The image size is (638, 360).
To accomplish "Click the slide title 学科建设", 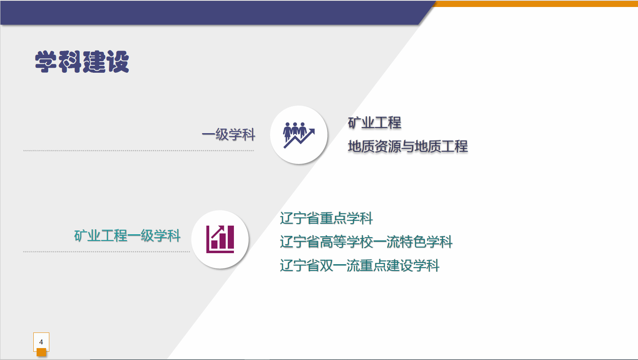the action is pos(82,62).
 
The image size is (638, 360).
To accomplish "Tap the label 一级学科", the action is pos(229,134).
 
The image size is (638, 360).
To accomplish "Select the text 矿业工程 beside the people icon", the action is pos(374,123).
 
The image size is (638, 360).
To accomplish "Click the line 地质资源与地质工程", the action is pos(408,146).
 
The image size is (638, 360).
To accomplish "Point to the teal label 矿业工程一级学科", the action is pos(127,236).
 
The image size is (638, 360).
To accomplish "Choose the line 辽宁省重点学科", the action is pos(326,218).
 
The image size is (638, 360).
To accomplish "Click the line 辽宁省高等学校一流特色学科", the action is pos(366,242).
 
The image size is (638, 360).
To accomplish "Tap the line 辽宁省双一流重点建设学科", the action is pos(360,265).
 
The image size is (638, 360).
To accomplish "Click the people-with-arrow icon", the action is pos(299,135).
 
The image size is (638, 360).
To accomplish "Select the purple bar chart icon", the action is pos(220,239).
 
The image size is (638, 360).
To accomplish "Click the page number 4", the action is pos(41,342).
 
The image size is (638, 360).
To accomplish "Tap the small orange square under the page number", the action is pos(41,352).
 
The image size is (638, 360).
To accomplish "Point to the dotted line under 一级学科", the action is pos(139,151).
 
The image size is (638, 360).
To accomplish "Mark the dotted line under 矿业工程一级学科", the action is pos(106,252).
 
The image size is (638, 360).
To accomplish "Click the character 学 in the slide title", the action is pos(46,62).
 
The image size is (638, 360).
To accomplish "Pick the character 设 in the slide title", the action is pos(118,62).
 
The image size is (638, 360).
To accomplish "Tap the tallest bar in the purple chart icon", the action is pos(231,237).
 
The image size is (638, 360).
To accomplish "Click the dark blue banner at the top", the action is pos(211,12).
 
